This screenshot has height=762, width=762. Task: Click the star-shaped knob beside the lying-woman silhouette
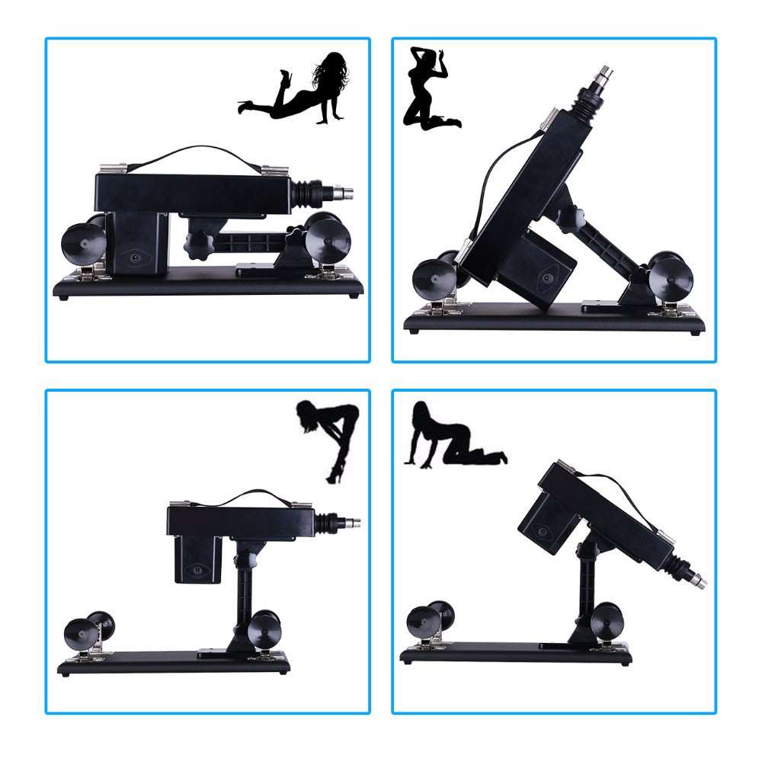[x=197, y=244]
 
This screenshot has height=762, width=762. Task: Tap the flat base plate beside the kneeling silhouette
[x=556, y=322]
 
